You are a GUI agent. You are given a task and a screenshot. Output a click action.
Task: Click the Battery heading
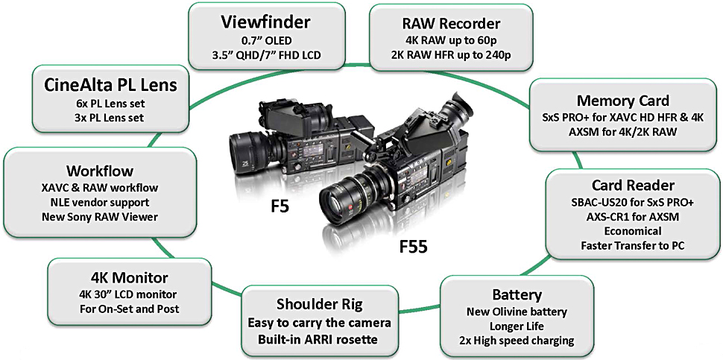pos(511,294)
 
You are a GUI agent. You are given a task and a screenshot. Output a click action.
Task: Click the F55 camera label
pos(411,245)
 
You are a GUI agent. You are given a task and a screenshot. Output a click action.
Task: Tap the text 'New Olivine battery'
pos(511,312)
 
